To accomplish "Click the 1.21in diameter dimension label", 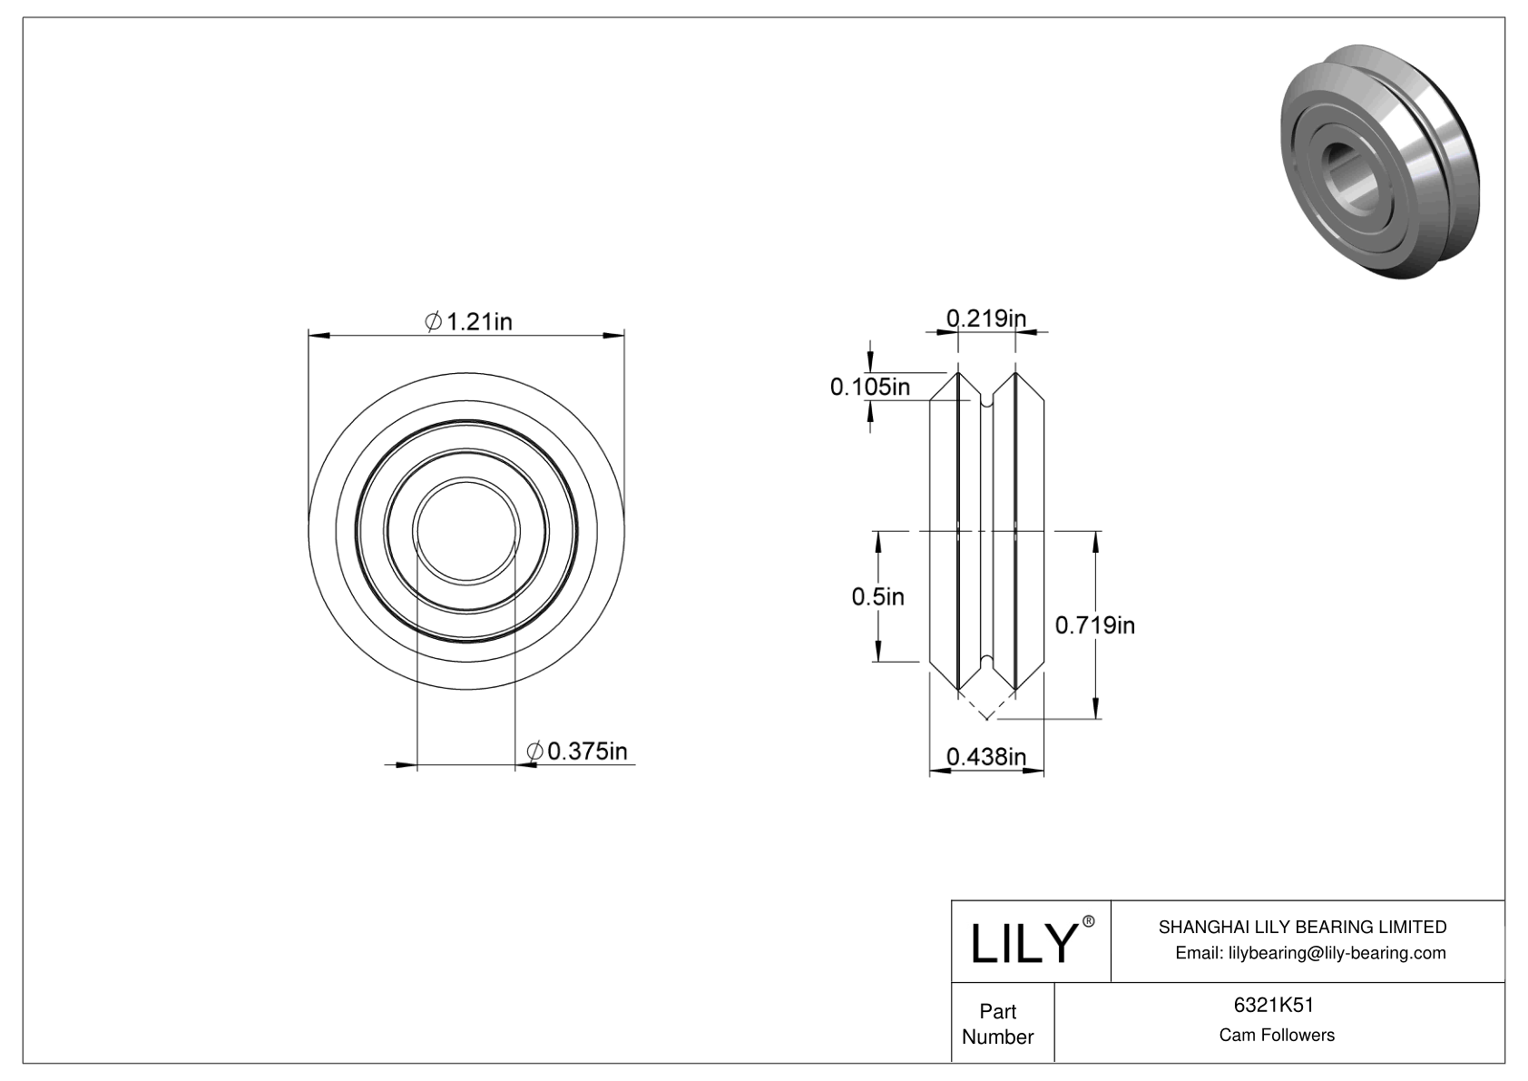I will pyautogui.click(x=469, y=321).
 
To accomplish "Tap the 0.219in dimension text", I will pyautogui.click(x=985, y=318).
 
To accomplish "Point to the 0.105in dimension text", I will pyautogui.click(x=869, y=388).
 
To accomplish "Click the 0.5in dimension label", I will pyautogui.click(x=877, y=596).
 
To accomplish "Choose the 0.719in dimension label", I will pyautogui.click(x=1094, y=624).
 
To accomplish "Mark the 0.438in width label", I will pyautogui.click(x=985, y=756).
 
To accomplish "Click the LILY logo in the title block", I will pyautogui.click(x=1023, y=943).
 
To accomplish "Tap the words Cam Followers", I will pyautogui.click(x=1277, y=1035).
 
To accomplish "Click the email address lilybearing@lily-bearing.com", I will pyautogui.click(x=1310, y=952).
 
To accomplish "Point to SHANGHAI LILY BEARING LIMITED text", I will pyautogui.click(x=1302, y=927).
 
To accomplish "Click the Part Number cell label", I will pyautogui.click(x=997, y=1024).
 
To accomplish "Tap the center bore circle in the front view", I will pyautogui.click(x=466, y=530).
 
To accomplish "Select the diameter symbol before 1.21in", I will pyautogui.click(x=434, y=321).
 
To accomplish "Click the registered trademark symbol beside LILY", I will pyautogui.click(x=1089, y=921).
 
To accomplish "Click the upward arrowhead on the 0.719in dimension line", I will pyautogui.click(x=1097, y=540).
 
